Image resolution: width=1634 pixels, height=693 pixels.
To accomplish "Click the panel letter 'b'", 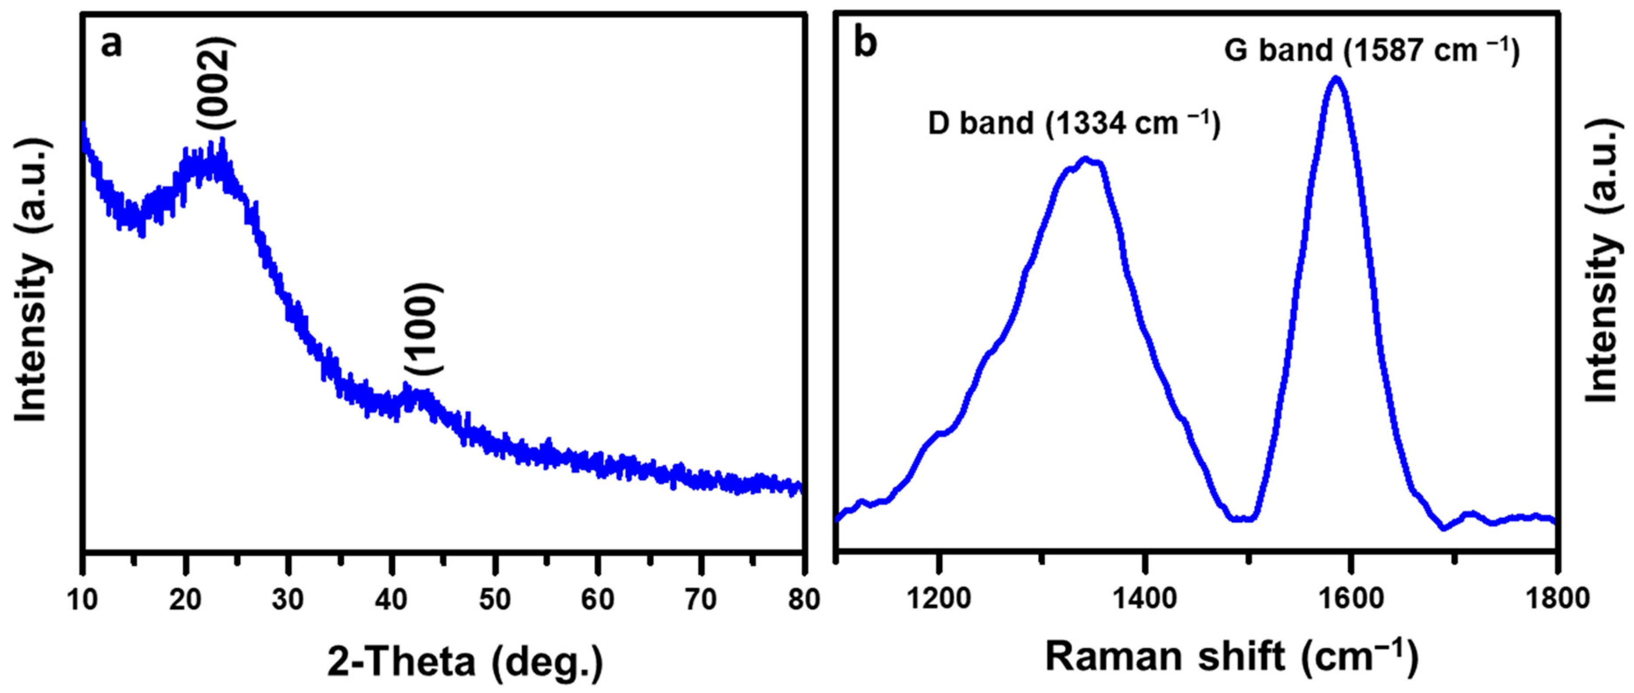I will pos(865,44).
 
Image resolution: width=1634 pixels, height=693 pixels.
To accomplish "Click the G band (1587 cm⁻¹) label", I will pos(1371,51).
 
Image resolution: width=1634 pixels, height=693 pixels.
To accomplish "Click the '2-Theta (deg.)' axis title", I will pos(465,662).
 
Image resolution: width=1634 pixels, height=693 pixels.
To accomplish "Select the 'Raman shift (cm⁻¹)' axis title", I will pos(1231,657).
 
